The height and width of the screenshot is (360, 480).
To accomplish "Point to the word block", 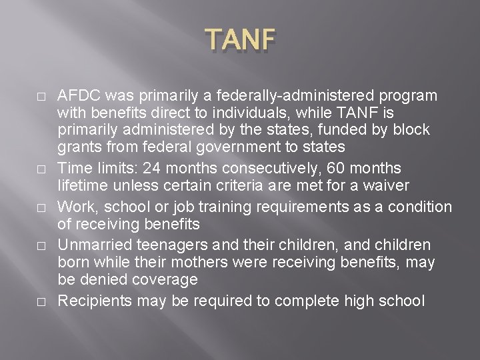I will [x=414, y=129].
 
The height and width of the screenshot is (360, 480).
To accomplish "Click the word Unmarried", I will [x=93, y=245].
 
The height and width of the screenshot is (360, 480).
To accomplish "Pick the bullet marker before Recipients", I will [x=41, y=301].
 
